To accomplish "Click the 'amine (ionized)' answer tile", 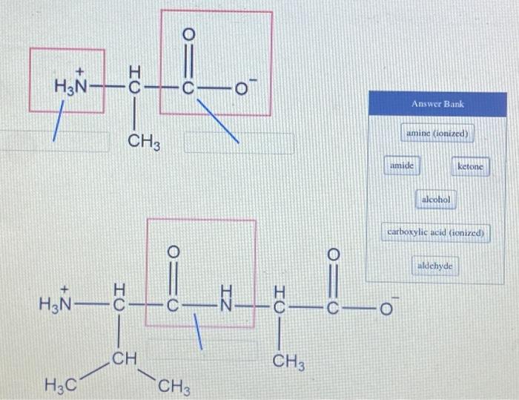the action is tap(438, 134).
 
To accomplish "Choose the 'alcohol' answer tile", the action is tap(438, 200).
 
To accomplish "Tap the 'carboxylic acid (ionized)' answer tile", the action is tap(436, 233).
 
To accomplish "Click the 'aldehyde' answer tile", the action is tap(437, 266).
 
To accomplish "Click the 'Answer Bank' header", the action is tap(438, 105).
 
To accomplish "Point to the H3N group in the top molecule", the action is tap(71, 88).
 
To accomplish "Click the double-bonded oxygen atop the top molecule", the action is tap(188, 34).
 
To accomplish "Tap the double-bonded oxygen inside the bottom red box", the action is tap(173, 249).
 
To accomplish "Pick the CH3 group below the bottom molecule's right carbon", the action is tap(286, 362).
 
